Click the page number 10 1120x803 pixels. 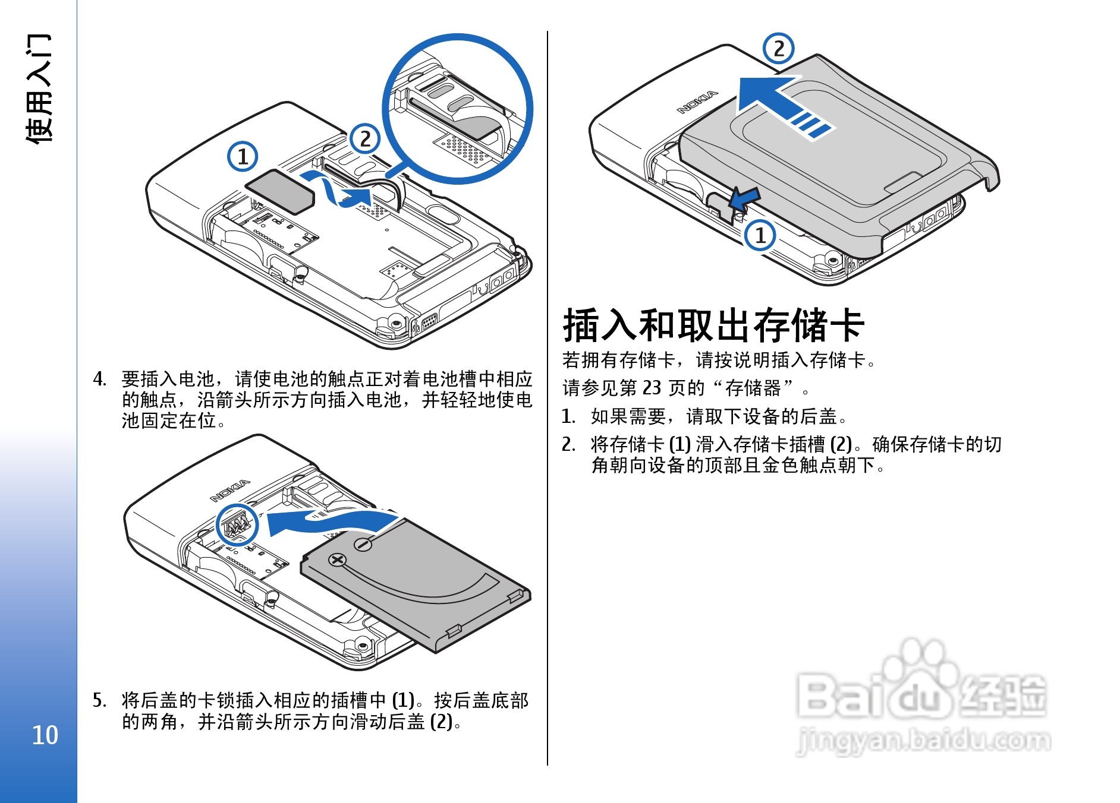tap(45, 735)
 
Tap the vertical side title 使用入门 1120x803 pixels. tap(39, 88)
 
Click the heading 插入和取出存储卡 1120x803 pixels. tap(713, 325)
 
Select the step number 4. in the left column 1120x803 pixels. tap(100, 379)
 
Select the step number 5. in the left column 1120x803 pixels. tap(99, 700)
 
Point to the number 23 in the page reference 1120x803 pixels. tap(652, 388)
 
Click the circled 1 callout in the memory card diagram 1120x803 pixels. tap(243, 157)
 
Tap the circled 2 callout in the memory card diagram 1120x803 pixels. tap(365, 139)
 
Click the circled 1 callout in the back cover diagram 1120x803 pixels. tap(760, 235)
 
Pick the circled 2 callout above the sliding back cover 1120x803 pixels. tap(779, 49)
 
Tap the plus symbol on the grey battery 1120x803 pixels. tap(338, 559)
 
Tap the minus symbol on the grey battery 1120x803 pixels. tap(363, 545)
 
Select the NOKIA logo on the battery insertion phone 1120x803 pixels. tap(230, 491)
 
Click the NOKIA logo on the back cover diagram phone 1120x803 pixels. tap(697, 102)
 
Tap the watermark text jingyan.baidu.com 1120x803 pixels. tap(923, 741)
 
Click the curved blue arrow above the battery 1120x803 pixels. tap(333, 521)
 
